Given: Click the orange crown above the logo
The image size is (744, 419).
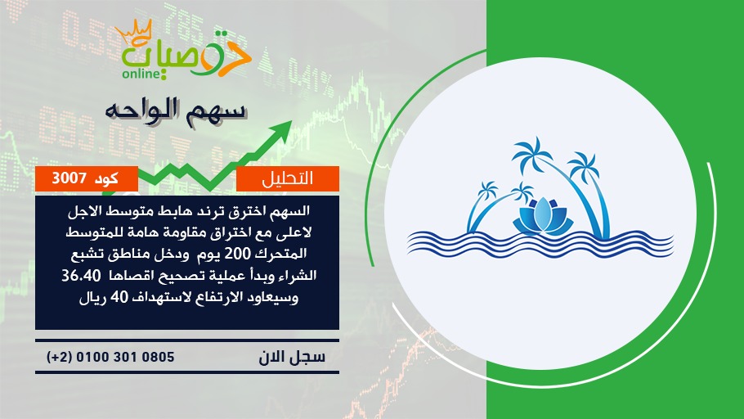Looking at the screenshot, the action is pyautogui.click(x=134, y=33).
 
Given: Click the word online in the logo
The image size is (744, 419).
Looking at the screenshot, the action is pyautogui.click(x=141, y=74).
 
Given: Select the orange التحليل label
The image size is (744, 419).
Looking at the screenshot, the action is pyautogui.click(x=288, y=178).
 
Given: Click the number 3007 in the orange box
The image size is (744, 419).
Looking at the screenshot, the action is pyautogui.click(x=69, y=178).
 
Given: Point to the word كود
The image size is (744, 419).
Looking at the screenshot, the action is pyautogui.click(x=106, y=178).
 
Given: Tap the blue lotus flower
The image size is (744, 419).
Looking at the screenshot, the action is pyautogui.click(x=543, y=217).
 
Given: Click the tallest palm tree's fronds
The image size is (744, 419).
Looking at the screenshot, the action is pyautogui.click(x=532, y=155).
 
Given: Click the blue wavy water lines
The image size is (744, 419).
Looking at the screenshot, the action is pyautogui.click(x=540, y=244).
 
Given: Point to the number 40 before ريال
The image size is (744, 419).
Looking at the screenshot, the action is pyautogui.click(x=119, y=297).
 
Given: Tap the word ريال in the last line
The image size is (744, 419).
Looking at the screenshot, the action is pyautogui.click(x=92, y=299).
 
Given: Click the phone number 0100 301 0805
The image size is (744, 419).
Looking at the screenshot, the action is pyautogui.click(x=125, y=357).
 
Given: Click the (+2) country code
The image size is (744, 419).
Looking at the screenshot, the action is pyautogui.click(x=60, y=357).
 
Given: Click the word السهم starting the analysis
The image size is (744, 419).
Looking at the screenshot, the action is pyautogui.click(x=289, y=211).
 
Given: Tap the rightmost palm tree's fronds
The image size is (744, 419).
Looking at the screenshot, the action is pyautogui.click(x=583, y=166).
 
